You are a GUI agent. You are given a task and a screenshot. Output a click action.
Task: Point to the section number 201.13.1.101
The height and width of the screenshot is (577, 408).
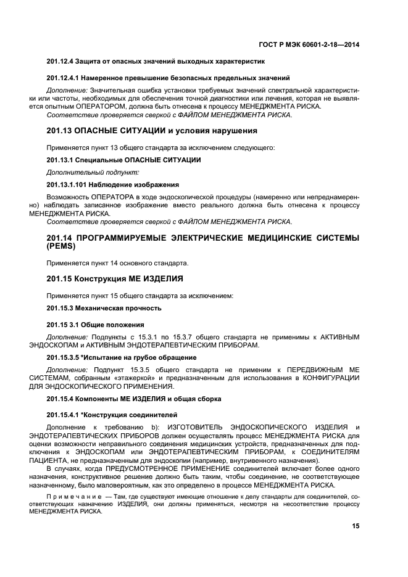pos(67,185)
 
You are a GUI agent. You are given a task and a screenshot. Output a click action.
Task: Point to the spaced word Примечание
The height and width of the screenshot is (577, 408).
pos(73,497)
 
